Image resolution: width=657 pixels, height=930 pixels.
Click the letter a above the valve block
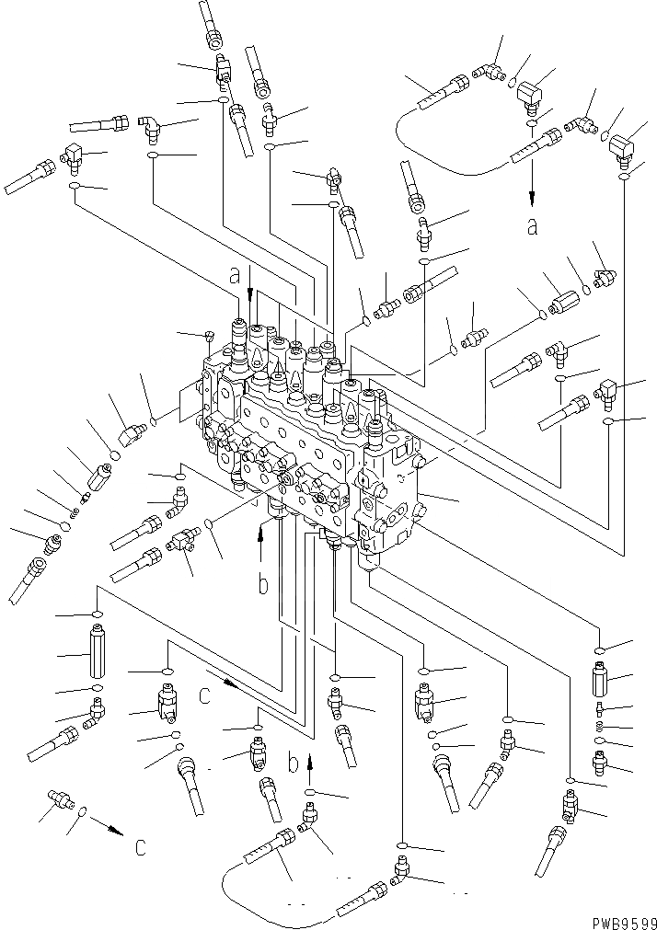(236, 273)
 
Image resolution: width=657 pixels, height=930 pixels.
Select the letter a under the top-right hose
(531, 226)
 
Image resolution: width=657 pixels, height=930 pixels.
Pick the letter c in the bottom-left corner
(140, 846)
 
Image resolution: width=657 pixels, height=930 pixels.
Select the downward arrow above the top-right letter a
(531, 195)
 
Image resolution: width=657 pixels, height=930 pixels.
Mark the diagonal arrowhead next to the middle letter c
(237, 686)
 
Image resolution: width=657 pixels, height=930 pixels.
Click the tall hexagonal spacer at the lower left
(98, 650)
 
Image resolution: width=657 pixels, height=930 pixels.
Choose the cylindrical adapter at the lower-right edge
(601, 681)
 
